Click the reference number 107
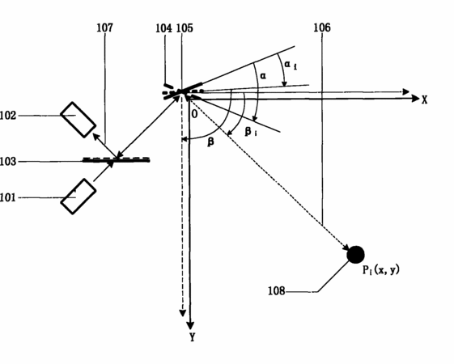pyautogui.click(x=105, y=28)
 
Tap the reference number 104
pyautogui.click(x=164, y=28)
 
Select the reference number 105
pyautogui.click(x=185, y=28)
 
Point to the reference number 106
pyautogui.click(x=322, y=28)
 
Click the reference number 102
pyautogui.click(x=8, y=116)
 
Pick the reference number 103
pyautogui.click(x=8, y=162)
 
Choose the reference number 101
pyautogui.click(x=8, y=198)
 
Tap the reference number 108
pyautogui.click(x=277, y=290)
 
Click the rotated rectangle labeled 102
pyautogui.click(x=78, y=120)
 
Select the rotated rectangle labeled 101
pyautogui.click(x=78, y=197)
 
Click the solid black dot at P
pyautogui.click(x=355, y=255)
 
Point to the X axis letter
pyautogui.click(x=425, y=100)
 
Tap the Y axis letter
pyautogui.click(x=193, y=337)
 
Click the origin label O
pyautogui.click(x=194, y=114)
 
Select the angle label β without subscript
pyautogui.click(x=211, y=142)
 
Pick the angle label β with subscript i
pyautogui.click(x=251, y=132)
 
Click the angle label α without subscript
pyautogui.click(x=263, y=76)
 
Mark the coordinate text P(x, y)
pyautogui.click(x=381, y=270)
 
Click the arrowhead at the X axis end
pyautogui.click(x=415, y=99)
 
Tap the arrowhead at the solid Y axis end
pyautogui.click(x=190, y=325)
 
